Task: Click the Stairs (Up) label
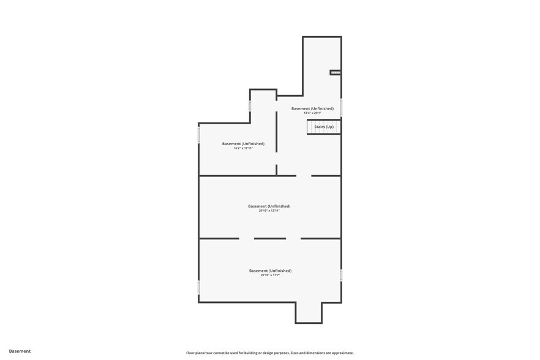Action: click(x=324, y=127)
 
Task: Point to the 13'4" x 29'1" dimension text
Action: click(x=312, y=113)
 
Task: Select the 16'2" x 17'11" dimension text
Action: click(x=243, y=148)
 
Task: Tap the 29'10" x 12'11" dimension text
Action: click(x=269, y=211)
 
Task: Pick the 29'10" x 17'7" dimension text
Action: click(x=270, y=276)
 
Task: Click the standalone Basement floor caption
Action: click(x=20, y=351)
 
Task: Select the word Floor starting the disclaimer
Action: click(x=191, y=353)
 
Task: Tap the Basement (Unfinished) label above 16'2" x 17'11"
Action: click(x=243, y=143)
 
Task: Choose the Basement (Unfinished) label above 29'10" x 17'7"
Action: click(x=270, y=271)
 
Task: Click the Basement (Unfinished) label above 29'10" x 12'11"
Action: click(x=269, y=206)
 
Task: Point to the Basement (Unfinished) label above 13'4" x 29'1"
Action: click(x=312, y=108)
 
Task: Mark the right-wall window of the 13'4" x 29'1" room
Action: click(x=341, y=107)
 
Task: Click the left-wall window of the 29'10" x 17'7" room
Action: click(x=199, y=287)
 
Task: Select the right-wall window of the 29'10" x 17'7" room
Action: click(x=341, y=276)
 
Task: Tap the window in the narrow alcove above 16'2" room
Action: click(x=250, y=106)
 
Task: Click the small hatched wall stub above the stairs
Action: click(x=335, y=72)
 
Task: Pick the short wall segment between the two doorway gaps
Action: click(x=270, y=238)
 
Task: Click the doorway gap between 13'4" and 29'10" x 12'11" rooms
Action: click(x=304, y=176)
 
